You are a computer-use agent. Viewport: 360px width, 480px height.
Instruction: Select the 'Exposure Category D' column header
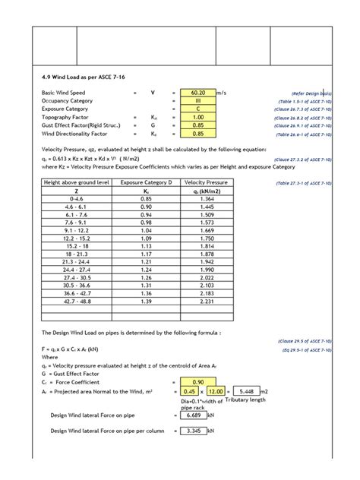(166, 183)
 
